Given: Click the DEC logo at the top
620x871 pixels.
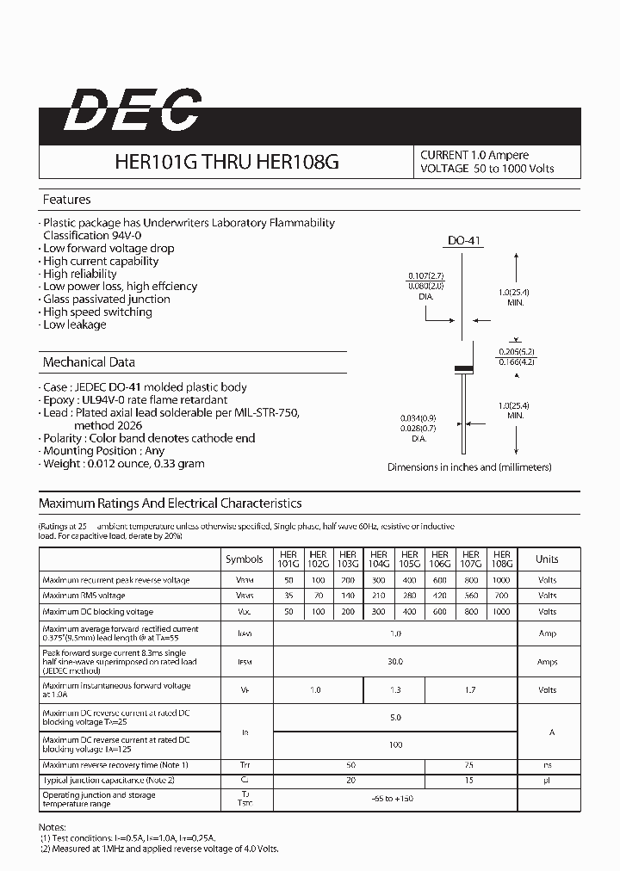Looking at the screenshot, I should coord(133,112).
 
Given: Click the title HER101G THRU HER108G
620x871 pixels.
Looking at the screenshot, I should coord(226,162).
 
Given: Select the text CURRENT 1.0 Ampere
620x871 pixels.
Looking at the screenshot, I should coord(474,155).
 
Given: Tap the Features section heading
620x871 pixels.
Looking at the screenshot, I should coord(66,200).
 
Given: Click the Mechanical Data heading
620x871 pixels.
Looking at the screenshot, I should coord(89,362).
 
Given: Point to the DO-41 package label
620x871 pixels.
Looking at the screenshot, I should coord(463,241).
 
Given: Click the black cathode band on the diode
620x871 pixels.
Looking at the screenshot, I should coord(463,368).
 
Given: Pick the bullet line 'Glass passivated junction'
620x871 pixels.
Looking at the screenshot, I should coord(107,300).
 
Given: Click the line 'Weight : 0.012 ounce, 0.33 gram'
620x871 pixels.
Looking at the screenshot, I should coord(123,463).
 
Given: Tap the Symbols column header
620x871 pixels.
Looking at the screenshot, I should coord(245,559).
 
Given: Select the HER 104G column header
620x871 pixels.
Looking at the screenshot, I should coord(379,559).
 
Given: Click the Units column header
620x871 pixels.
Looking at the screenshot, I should coord(547,559).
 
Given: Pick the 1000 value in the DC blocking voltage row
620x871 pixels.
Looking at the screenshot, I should coord(502,611).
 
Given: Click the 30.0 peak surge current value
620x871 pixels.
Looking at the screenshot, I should coord(395,662).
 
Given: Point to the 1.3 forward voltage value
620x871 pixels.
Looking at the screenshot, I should coord(395,690).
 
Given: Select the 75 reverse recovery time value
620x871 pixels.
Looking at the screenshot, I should coord(470,765).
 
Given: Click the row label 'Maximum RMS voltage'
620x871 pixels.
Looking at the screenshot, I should coord(84,596).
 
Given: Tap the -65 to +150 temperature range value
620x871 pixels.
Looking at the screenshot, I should coord(395,799).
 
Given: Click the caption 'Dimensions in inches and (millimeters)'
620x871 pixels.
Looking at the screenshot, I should coord(469,467).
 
